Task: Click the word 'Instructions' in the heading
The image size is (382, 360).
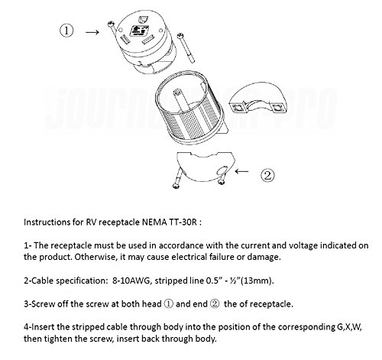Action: click(x=45, y=219)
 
